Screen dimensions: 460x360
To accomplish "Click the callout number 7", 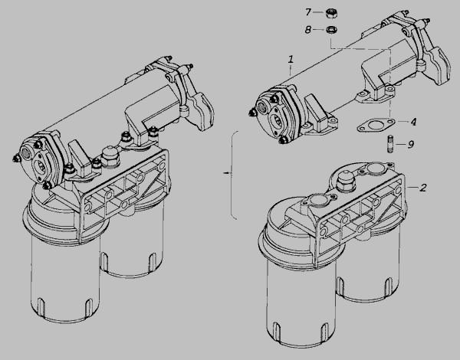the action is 307,12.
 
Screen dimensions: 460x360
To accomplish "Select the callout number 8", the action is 307,30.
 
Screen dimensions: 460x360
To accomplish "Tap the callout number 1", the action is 291,60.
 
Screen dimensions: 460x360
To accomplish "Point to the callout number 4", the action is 413,122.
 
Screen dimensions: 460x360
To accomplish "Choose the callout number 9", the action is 411,144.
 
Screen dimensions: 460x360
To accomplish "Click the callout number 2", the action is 422,188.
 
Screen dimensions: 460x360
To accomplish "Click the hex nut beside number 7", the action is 332,14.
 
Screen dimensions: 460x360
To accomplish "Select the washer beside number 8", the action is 331,30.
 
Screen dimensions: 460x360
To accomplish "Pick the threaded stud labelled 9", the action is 390,144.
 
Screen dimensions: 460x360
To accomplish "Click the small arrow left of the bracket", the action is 227,173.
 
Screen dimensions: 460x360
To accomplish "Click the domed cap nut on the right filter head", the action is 346,182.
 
